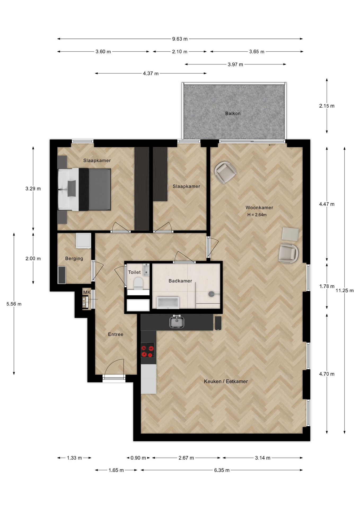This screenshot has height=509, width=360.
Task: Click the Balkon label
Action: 233,113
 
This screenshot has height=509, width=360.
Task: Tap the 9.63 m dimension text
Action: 180,39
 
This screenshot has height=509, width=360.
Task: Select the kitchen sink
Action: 177,322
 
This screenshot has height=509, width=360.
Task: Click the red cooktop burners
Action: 147,350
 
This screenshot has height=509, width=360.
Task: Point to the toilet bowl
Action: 138,283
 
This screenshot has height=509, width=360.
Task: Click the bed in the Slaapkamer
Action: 84,189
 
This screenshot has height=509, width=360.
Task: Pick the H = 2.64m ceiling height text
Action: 257,215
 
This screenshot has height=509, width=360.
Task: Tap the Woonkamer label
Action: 259,208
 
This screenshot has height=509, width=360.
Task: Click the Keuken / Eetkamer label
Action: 226,381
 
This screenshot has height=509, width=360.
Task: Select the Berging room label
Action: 74,258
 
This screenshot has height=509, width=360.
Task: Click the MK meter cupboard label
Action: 87,292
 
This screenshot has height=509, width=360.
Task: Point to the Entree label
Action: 116,334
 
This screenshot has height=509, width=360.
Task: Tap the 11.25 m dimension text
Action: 345,291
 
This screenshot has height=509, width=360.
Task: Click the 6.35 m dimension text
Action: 222,470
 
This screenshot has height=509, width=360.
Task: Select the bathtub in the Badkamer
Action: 168,303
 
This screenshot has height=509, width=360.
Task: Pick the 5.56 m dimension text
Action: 14,304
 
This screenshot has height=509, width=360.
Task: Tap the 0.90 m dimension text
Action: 138,458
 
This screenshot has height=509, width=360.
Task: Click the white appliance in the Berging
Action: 83,241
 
